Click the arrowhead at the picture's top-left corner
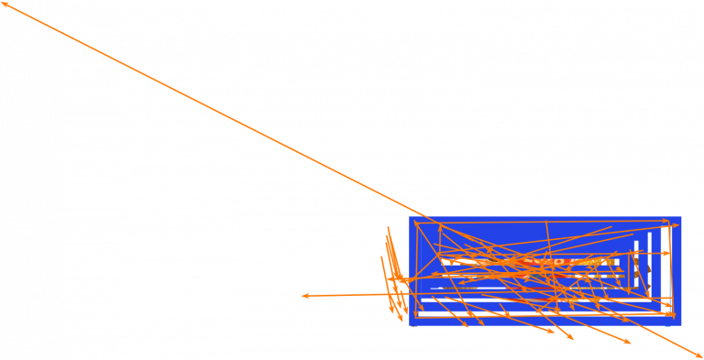[4, 5]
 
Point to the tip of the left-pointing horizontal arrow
[303, 295]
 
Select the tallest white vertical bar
[665, 266]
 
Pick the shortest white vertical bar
[636, 266]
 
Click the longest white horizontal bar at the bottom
[541, 313]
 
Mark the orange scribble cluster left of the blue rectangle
[394, 275]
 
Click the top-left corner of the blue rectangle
[410, 218]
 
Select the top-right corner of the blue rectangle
[680, 218]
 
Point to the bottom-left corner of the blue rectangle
[410, 324]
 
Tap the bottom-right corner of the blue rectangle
[680, 324]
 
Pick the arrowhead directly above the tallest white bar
[665, 221]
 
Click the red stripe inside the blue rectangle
[550, 262]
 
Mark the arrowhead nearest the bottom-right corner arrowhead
[629, 343]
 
